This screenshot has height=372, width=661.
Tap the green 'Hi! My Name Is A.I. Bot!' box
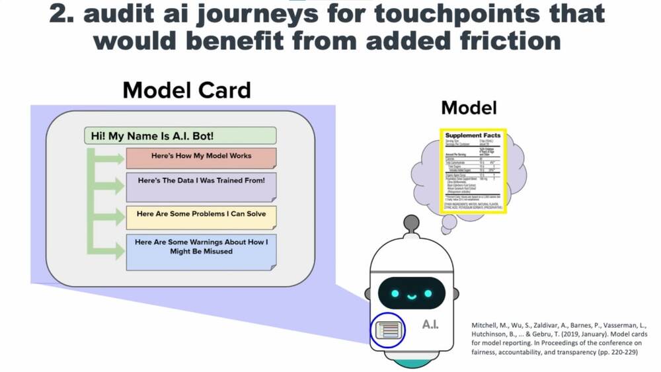tap(179, 136)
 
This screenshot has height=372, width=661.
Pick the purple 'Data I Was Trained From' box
tap(201, 186)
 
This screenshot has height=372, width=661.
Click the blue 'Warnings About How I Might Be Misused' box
tap(201, 250)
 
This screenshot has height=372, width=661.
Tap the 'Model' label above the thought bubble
tap(469, 108)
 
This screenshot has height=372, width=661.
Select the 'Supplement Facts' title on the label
tap(473, 135)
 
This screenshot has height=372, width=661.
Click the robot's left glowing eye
tap(396, 293)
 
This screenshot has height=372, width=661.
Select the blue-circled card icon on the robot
tap(387, 328)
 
